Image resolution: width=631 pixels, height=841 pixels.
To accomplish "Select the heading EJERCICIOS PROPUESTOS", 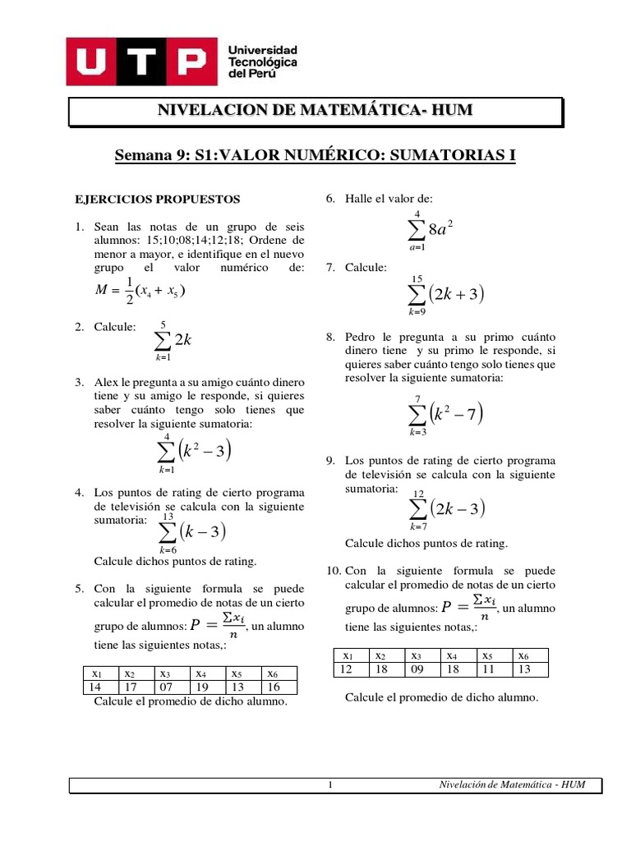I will pos(158,200).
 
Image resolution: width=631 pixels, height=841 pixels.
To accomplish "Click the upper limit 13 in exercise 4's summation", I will pos(168,517).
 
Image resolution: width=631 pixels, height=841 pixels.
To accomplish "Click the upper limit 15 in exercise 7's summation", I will pos(417,280).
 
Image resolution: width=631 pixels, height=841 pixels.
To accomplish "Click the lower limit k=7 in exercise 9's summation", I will pos(418,526).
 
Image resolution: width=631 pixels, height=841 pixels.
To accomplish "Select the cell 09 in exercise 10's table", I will pos(421,669).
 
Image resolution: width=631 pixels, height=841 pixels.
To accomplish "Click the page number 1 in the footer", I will pos(329,785).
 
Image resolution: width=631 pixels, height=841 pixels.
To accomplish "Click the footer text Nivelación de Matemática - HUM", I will pos(513,785).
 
